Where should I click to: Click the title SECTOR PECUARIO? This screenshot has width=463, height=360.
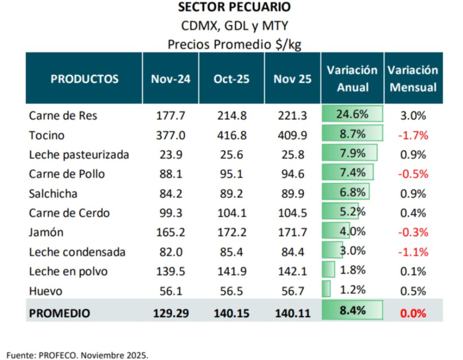234,7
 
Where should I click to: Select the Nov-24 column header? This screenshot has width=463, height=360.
170,79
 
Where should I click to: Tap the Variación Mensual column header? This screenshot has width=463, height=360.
413,79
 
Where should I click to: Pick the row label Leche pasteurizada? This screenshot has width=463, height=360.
79,155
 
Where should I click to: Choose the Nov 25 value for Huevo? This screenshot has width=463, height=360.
293,291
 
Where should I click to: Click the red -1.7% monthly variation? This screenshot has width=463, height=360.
413,136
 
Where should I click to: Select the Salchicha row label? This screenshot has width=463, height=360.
53,194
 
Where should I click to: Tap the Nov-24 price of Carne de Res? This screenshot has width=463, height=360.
170,116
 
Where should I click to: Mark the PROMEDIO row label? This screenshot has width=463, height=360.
59,313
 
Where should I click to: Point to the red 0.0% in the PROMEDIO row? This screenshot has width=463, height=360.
413,313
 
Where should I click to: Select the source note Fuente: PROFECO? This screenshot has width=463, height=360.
77,355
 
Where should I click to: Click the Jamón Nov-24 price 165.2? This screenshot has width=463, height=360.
170,233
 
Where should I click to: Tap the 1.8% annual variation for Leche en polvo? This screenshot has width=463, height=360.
352,271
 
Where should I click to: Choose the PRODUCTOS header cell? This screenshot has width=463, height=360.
85,79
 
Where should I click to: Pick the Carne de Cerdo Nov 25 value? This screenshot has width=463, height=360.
293,213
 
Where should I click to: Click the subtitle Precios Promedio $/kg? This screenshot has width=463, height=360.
234,44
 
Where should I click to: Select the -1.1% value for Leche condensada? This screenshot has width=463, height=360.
413,252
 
